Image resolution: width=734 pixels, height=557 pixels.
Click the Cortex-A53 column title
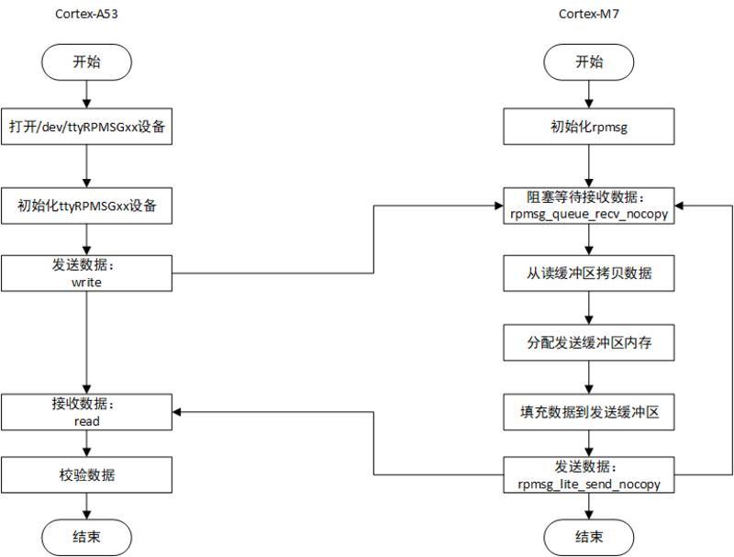pos(86,13)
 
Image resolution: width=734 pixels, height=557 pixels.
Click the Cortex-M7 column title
pos(588,13)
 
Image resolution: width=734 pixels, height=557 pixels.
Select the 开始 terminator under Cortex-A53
pos(86,61)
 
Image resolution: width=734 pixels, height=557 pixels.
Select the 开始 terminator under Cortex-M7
pos(588,61)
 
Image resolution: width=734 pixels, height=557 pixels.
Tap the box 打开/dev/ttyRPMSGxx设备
pos(86,127)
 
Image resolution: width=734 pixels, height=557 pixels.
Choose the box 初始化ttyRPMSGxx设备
pos(86,206)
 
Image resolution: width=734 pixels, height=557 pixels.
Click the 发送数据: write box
pos(86,273)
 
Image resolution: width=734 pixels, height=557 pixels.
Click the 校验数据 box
pos(86,474)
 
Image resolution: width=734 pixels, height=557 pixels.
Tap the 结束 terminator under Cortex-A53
pos(86,537)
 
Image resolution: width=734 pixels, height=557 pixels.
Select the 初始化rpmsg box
pos(588,127)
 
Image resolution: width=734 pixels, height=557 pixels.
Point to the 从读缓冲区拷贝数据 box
pos(588,273)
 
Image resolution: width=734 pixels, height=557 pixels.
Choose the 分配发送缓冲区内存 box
pos(588,344)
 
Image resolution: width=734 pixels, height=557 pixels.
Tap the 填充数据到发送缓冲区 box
pos(588,412)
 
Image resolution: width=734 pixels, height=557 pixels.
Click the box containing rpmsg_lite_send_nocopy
pos(588,474)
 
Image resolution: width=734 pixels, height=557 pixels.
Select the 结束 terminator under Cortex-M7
pos(588,537)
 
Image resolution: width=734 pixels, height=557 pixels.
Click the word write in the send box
pos(86,283)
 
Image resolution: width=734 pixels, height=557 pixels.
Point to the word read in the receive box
pos(86,421)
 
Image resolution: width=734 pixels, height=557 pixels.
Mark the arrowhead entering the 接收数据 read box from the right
pos(178,412)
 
